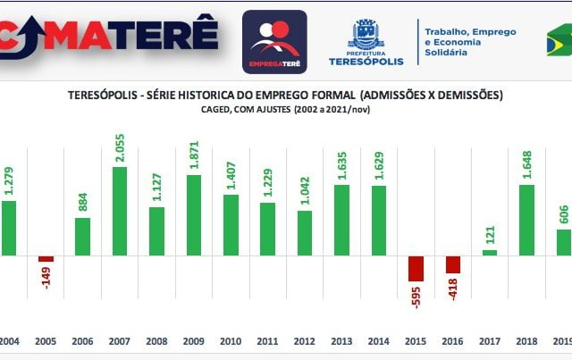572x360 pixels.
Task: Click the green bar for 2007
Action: point(120,211)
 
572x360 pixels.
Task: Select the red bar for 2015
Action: point(416,268)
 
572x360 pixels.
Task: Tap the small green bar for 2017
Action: point(490,253)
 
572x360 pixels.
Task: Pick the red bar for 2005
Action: point(46,259)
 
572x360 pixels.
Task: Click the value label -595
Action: point(416,297)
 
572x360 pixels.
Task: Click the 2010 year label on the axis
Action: point(231,340)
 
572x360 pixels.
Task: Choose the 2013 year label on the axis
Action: point(341,340)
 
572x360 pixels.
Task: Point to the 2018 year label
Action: point(526,340)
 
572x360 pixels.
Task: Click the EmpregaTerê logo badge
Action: point(274,41)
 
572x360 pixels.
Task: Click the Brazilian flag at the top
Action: point(559,41)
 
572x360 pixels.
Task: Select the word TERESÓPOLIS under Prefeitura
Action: point(366,62)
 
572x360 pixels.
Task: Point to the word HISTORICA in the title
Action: point(209,95)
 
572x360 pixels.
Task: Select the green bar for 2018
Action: point(526,220)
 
